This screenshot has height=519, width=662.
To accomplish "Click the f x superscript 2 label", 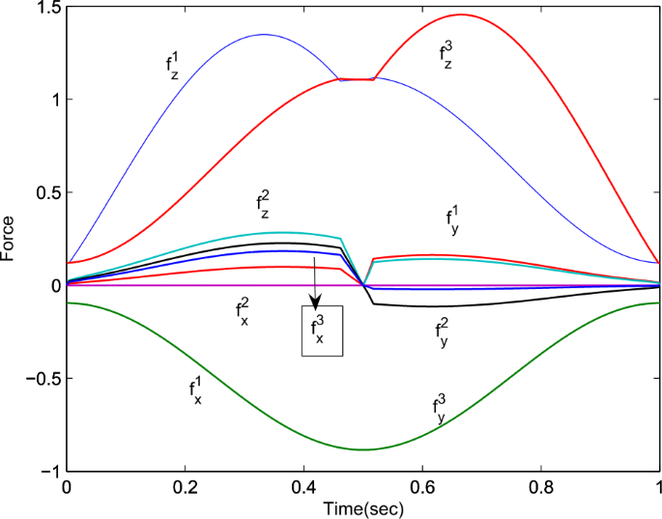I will point(244,310).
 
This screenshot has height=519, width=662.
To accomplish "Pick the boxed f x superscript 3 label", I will point(322,332).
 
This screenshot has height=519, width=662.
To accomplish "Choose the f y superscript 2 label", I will point(440,332).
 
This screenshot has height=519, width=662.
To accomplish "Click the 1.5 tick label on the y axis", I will point(50,9).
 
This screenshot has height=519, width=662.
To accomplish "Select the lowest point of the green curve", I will point(362,449).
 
